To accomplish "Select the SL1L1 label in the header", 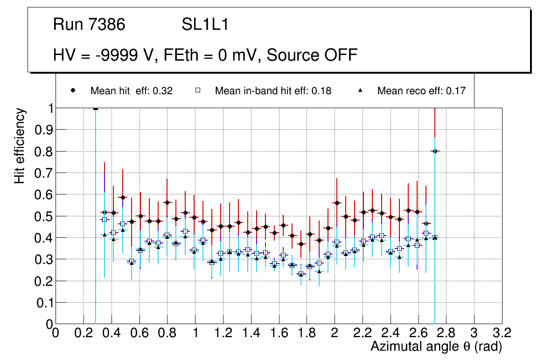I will [x=205, y=25].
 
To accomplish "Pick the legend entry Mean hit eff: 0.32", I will [x=131, y=91].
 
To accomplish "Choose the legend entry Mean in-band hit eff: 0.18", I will [x=273, y=91].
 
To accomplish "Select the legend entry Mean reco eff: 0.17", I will [x=421, y=91].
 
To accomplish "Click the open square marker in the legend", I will [x=198, y=91].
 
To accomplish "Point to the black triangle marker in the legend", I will [x=360, y=91].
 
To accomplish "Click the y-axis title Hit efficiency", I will [x=20, y=145].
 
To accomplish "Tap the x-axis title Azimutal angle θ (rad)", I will [x=436, y=346].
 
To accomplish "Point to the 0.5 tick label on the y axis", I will [x=44, y=216].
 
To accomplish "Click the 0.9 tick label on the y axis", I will [x=44, y=130].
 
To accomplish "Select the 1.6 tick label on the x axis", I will [x=279, y=333].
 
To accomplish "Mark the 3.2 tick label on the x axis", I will [x=502, y=333].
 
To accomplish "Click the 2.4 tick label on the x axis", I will [x=390, y=333].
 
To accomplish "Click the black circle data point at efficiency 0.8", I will [x=435, y=151].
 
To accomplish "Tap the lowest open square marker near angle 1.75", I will [x=301, y=274].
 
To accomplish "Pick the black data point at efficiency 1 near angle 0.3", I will [x=96, y=108].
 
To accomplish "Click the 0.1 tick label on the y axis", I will [x=44, y=302].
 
